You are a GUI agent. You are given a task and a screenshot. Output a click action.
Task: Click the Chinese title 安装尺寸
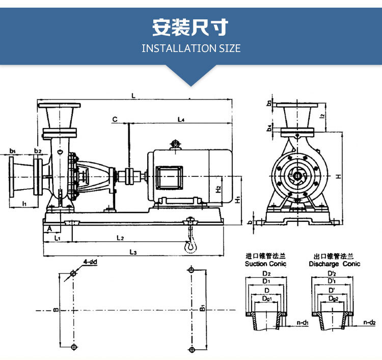(190, 27)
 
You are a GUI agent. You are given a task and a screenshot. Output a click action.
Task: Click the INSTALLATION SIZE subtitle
(190, 48)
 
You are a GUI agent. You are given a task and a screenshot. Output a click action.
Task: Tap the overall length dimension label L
(133, 95)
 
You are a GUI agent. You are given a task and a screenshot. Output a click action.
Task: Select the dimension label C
(115, 119)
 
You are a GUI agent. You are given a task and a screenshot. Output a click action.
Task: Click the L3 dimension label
(133, 251)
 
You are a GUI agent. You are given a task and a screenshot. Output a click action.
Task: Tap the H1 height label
(237, 198)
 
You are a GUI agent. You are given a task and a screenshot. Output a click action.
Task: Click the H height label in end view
(338, 176)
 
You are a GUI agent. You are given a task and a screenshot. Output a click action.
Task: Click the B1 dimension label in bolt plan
(202, 309)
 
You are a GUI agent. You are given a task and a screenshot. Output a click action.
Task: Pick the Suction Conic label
(266, 264)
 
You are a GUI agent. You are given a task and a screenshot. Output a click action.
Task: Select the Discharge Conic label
(334, 264)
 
